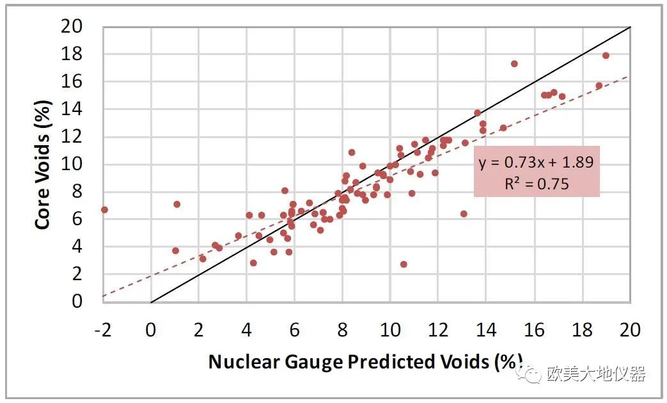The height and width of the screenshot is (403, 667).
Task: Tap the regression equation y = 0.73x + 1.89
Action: tap(537, 162)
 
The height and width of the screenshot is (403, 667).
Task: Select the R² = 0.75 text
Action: tap(537, 184)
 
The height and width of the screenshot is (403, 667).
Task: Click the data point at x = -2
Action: tap(104, 210)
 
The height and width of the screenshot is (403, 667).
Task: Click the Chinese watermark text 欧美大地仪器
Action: tap(597, 374)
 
